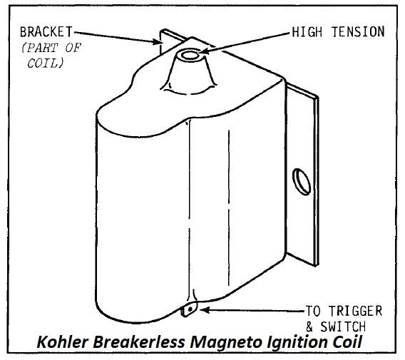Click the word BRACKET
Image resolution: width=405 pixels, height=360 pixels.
[x=46, y=32]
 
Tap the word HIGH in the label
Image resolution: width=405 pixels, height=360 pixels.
[x=307, y=32]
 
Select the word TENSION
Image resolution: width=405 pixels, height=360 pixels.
[x=358, y=32]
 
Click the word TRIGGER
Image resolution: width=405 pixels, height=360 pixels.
[x=355, y=311]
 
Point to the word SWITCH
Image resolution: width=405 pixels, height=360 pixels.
[x=343, y=326]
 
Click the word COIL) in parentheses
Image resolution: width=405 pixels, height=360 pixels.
[x=45, y=63]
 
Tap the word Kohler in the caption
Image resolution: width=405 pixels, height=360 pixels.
[x=63, y=342]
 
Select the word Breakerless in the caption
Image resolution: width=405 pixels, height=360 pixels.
[x=139, y=342]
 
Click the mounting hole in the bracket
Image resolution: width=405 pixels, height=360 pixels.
[x=302, y=182]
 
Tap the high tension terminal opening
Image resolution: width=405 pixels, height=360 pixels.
[x=190, y=55]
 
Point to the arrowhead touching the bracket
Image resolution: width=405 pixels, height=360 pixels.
[x=156, y=41]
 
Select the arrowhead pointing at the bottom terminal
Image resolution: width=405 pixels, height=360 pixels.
[x=205, y=309]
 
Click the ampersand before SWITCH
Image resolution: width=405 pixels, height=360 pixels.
[x=309, y=327]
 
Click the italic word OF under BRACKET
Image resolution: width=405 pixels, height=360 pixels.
[x=73, y=48]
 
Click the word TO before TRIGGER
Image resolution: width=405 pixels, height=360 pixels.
[x=313, y=311]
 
